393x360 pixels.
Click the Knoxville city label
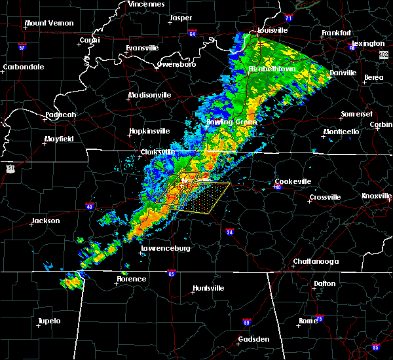pos(377,196)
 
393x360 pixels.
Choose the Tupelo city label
pos(49,321)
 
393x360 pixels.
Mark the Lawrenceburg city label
pos(165,249)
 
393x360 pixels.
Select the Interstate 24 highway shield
pos(230,232)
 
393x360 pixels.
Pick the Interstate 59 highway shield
pos(247,322)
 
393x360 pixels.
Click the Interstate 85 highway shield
pos(375,346)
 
